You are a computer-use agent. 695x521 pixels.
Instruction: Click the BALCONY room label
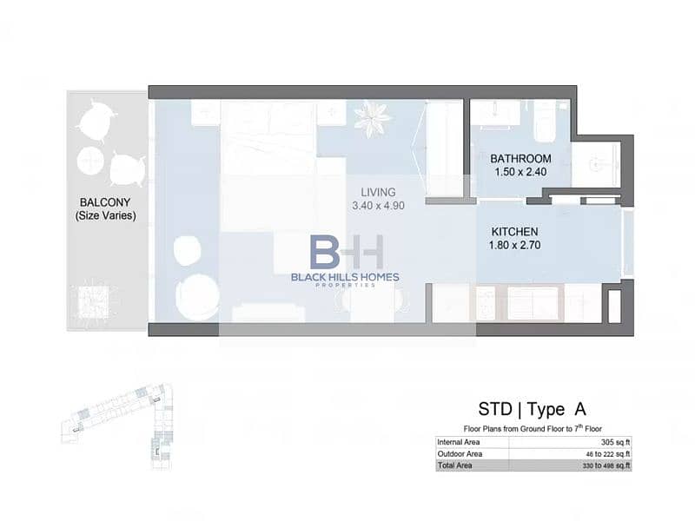105,202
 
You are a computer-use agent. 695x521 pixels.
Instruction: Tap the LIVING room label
378,192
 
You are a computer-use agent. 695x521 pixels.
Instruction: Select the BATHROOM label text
520,159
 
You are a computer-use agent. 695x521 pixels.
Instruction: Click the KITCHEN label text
514,232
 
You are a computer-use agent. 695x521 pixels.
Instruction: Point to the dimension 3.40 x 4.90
378,206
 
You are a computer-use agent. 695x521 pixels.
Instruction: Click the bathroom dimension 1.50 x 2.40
520,172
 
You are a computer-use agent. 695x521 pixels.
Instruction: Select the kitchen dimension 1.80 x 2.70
514,245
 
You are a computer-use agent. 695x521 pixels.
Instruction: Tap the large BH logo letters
346,252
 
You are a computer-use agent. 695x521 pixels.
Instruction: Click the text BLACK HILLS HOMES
345,277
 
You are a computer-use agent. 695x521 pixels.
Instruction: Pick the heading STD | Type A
533,409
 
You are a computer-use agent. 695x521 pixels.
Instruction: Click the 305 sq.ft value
615,442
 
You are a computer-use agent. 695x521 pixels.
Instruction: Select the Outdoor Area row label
460,453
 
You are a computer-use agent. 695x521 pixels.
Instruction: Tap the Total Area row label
454,465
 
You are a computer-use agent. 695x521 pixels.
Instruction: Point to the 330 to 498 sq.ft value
606,465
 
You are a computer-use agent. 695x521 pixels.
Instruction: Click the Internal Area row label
459,442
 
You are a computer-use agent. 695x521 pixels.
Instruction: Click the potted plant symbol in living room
374,118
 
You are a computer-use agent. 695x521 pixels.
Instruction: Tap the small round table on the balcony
90,161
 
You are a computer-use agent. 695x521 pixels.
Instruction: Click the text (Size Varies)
105,215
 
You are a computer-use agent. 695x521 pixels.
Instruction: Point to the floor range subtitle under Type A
533,428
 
